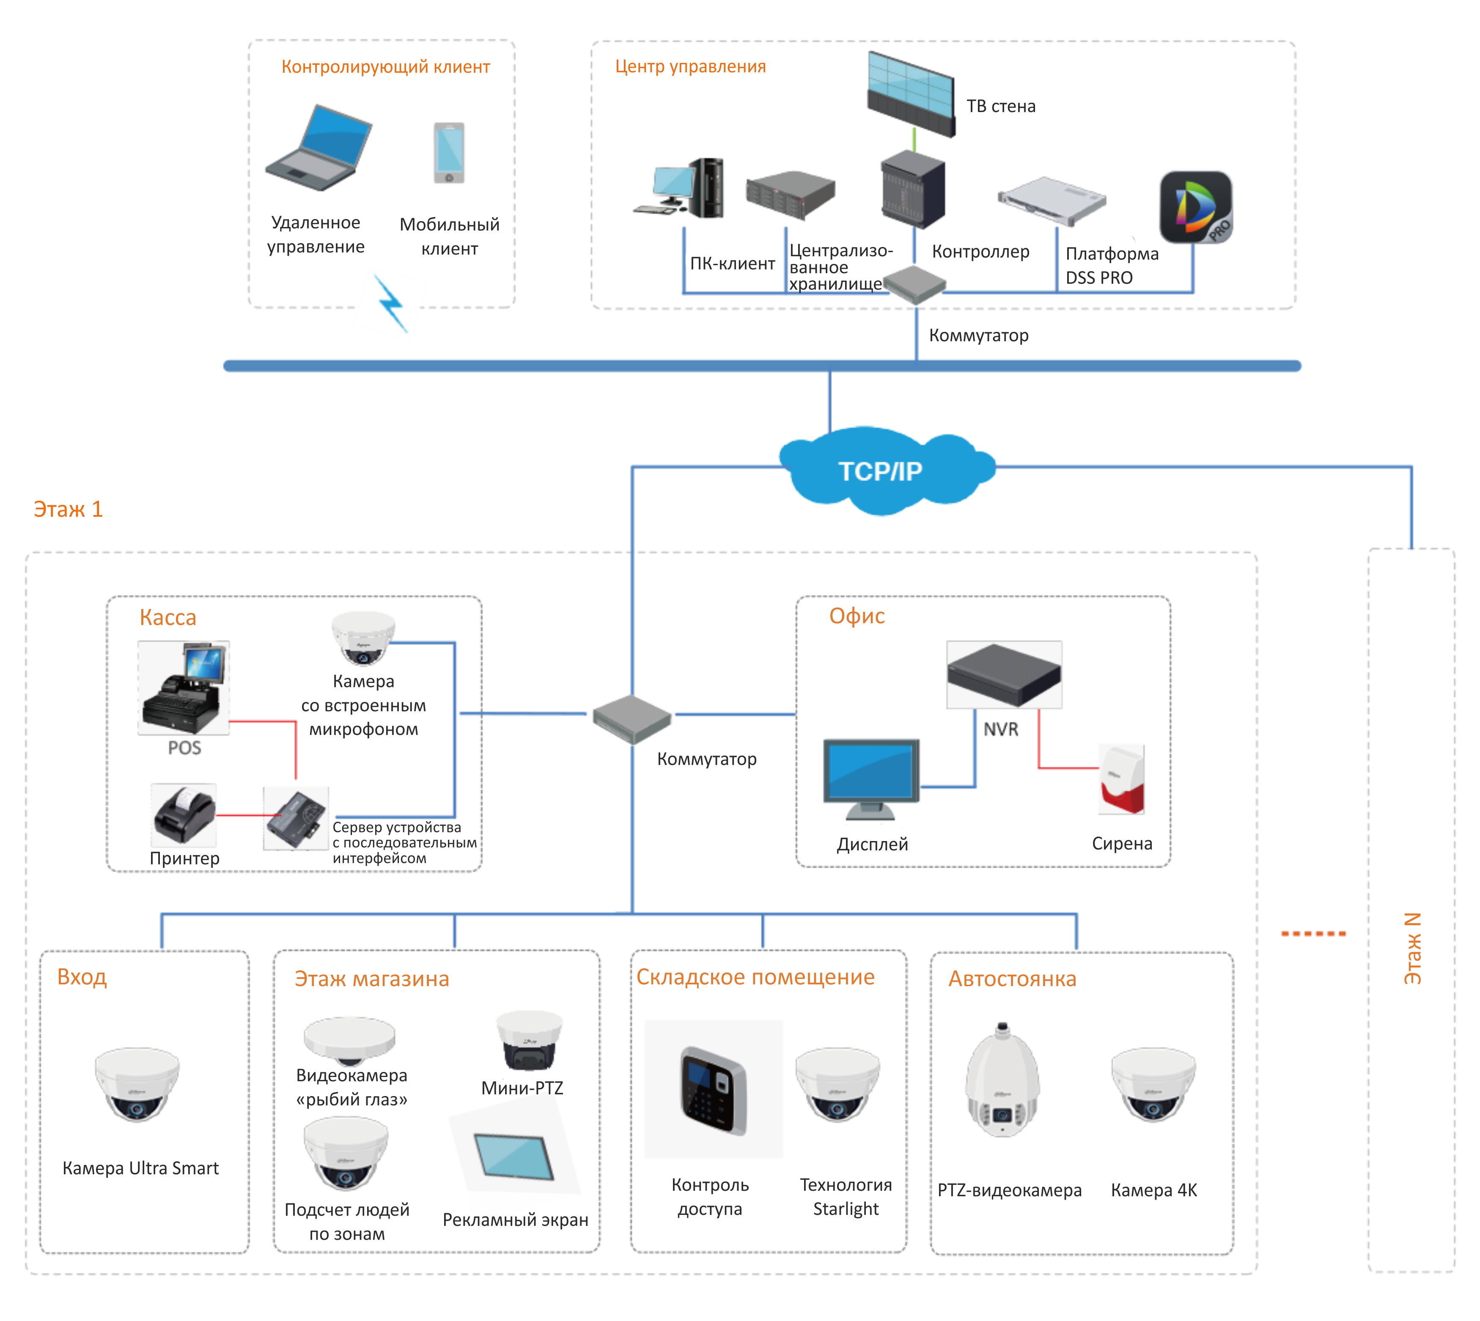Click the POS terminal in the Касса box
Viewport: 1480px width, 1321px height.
[x=184, y=688]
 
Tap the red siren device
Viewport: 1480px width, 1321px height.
[x=1121, y=779]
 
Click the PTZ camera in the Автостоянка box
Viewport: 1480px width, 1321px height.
[x=1002, y=1082]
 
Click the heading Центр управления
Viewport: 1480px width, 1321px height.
[x=690, y=67]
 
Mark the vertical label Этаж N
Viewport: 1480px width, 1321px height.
[x=1412, y=948]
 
